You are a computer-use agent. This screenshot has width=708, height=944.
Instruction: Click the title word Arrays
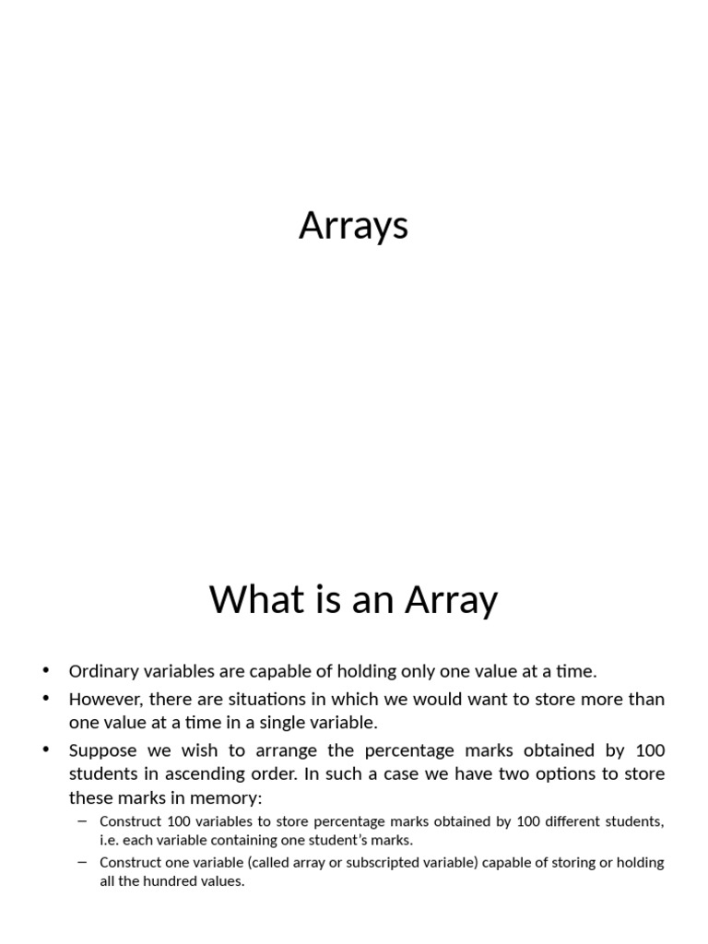click(353, 227)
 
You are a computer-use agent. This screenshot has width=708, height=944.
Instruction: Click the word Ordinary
click(104, 672)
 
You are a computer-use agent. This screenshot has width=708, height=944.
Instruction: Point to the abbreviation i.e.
click(111, 840)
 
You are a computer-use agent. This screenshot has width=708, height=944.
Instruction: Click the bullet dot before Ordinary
click(46, 670)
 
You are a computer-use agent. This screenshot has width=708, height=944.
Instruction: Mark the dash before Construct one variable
click(82, 862)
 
